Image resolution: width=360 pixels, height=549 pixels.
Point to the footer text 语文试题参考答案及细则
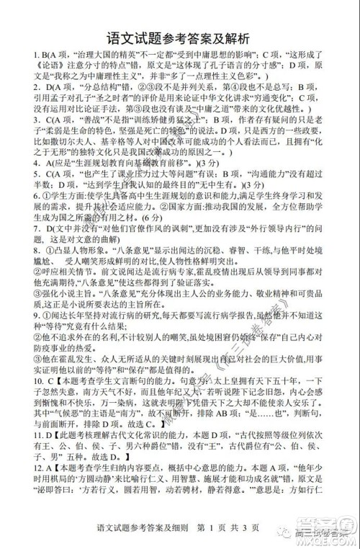(x=148, y=533)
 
